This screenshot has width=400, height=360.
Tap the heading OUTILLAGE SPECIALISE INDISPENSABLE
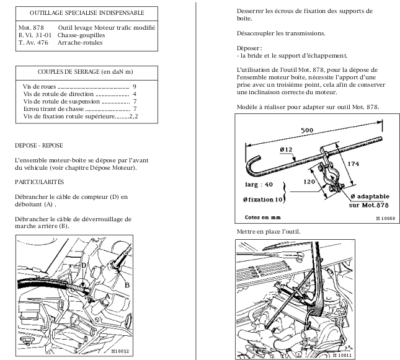(87, 12)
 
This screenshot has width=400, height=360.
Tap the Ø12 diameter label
(287, 151)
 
